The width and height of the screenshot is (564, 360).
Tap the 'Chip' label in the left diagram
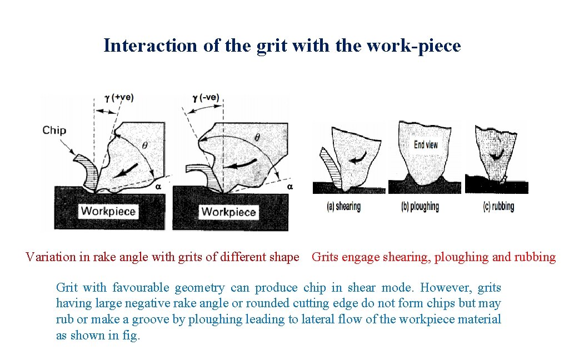(x=54, y=131)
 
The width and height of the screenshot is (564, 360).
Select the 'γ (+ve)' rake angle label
(x=119, y=98)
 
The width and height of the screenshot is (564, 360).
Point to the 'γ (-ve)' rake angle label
(x=206, y=98)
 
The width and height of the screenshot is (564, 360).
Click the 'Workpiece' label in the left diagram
(x=108, y=211)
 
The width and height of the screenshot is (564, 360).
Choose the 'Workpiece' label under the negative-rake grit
(x=228, y=212)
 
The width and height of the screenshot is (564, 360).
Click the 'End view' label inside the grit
(x=426, y=144)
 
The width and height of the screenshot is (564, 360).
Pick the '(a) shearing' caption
(x=343, y=207)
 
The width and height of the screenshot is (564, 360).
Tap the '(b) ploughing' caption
(x=420, y=207)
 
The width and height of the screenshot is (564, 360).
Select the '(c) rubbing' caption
(x=498, y=207)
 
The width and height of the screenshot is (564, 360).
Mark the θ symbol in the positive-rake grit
(x=145, y=145)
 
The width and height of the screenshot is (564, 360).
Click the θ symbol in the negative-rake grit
(x=257, y=137)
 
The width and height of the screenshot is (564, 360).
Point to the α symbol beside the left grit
(x=158, y=187)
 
